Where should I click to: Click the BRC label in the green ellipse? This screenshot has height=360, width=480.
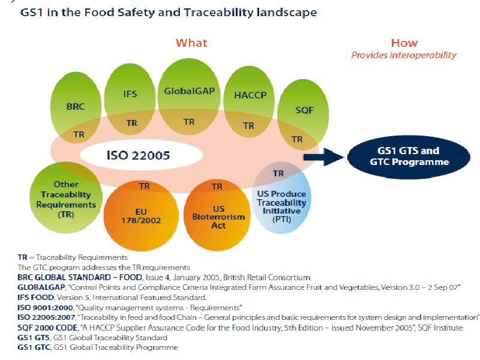pyautogui.click(x=76, y=107)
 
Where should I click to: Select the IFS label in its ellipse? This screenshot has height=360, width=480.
pyautogui.click(x=131, y=95)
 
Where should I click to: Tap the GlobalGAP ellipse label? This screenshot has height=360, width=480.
pyautogui.click(x=188, y=91)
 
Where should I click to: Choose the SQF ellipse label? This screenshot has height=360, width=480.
pyautogui.click(x=304, y=110)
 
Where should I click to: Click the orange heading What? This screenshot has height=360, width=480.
pyautogui.click(x=191, y=43)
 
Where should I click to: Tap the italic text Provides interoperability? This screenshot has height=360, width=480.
pyautogui.click(x=403, y=55)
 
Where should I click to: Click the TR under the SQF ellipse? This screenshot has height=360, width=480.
pyautogui.click(x=297, y=139)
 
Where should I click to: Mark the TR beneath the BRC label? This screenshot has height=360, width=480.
pyautogui.click(x=79, y=135)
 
